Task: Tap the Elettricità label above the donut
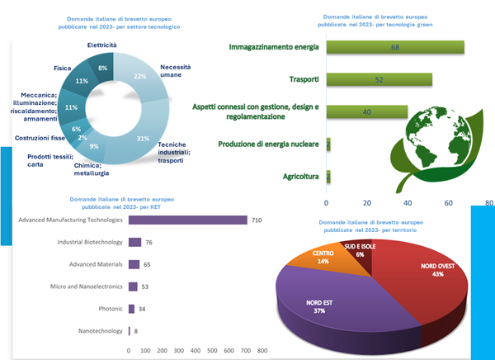(x=101, y=44)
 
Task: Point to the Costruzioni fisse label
(x=40, y=138)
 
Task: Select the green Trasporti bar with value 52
(x=379, y=79)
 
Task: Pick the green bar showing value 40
(x=367, y=111)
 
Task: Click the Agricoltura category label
(x=300, y=177)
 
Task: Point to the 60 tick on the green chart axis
(x=449, y=201)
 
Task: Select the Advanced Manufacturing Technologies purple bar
(x=188, y=220)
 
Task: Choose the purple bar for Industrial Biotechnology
(x=135, y=242)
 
